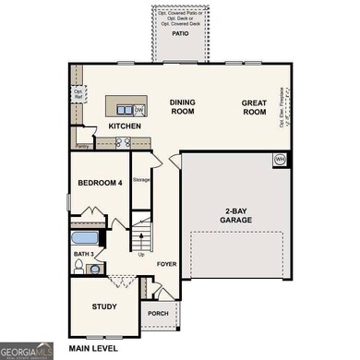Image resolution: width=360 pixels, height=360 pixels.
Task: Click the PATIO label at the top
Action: (180, 31)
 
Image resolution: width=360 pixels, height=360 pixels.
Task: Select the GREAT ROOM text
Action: (255, 107)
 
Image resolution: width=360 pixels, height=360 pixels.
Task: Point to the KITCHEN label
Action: (125, 125)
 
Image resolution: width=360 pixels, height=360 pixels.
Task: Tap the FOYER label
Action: (166, 263)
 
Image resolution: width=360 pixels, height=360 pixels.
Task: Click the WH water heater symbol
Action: (279, 160)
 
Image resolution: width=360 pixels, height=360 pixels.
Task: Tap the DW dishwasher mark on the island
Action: (138, 111)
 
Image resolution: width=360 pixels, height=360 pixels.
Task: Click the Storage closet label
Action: (141, 180)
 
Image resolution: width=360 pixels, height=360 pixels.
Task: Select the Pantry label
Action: (82, 146)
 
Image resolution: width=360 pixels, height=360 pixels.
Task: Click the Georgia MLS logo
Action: (26, 351)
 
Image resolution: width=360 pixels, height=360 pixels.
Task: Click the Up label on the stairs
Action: (140, 255)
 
